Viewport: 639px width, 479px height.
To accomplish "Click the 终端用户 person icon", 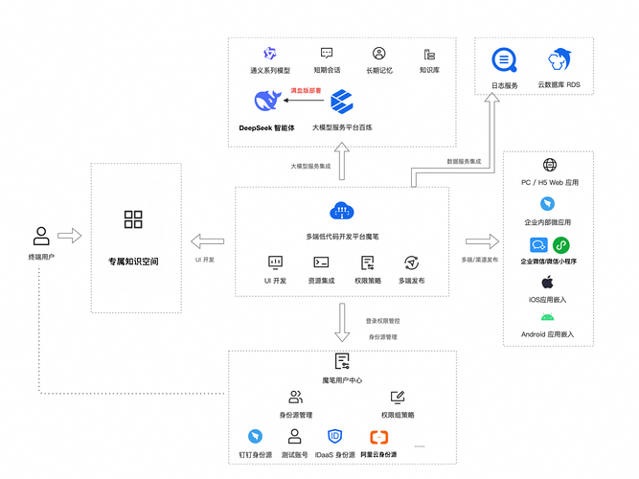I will pyautogui.click(x=40, y=235).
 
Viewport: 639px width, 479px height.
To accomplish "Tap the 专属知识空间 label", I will pyautogui.click(x=133, y=261).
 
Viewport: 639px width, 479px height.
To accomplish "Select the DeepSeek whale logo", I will pyautogui.click(x=269, y=100).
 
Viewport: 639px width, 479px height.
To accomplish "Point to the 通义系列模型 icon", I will pyautogui.click(x=269, y=54).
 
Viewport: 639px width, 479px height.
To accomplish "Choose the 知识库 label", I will pyautogui.click(x=429, y=70).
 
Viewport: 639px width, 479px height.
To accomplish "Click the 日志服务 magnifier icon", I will pyautogui.click(x=504, y=60).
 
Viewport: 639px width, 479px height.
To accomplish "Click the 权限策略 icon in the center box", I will pyautogui.click(x=367, y=262).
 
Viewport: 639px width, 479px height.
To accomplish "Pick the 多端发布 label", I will pyautogui.click(x=412, y=281).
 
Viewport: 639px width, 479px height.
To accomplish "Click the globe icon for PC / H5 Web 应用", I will pyautogui.click(x=549, y=166).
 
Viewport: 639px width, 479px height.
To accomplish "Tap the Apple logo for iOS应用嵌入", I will pyautogui.click(x=548, y=282).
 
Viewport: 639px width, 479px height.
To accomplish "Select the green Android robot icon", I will pyautogui.click(x=548, y=317).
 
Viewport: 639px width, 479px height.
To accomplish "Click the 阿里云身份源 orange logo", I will pyautogui.click(x=378, y=437).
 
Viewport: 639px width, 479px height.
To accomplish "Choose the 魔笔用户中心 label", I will pyautogui.click(x=342, y=380).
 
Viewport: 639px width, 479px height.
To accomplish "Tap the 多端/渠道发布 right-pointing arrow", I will pyautogui.click(x=481, y=240).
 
